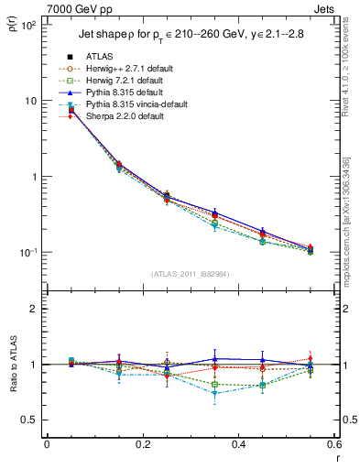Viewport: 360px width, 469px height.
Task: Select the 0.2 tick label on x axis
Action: pyautogui.click(x=142, y=445)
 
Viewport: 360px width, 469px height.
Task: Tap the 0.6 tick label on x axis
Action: pyautogui.click(x=332, y=445)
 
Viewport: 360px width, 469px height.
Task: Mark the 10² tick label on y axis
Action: pyautogui.click(x=29, y=27)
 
